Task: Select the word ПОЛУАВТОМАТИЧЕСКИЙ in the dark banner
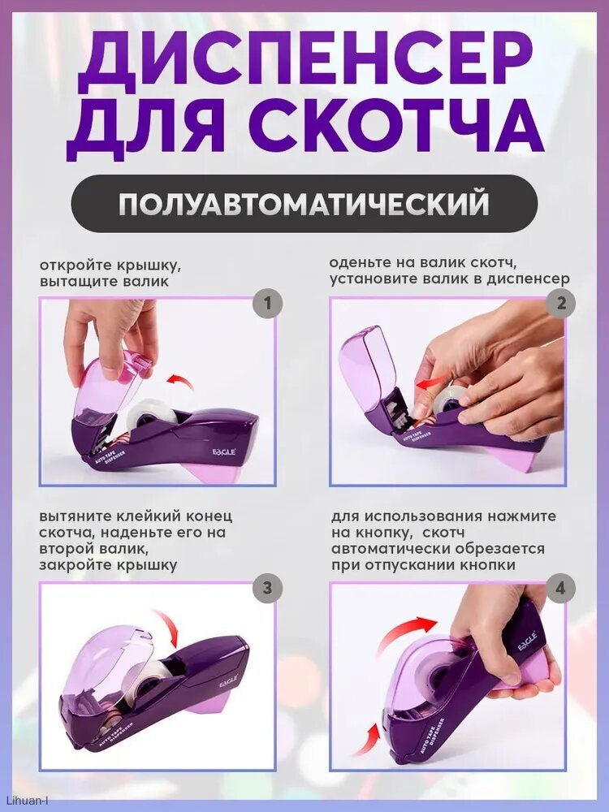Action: pos(304,204)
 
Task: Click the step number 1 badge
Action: pos(267,303)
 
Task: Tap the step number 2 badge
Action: pos(561,303)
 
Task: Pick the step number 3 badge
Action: pos(267,588)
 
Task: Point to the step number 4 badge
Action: pos(560,588)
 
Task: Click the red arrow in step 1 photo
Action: pos(180,382)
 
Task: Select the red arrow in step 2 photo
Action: pos(433,384)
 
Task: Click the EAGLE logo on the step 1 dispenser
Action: pos(224,451)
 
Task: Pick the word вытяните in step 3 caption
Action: pos(70,516)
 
